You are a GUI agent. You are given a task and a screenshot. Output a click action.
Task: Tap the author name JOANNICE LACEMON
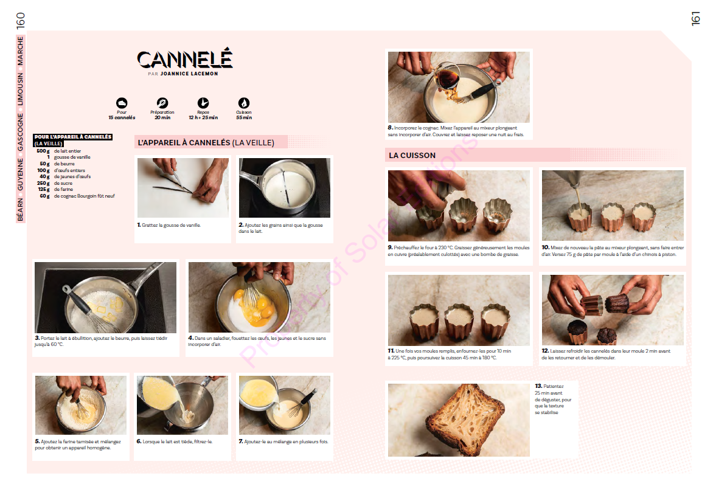click(x=189, y=74)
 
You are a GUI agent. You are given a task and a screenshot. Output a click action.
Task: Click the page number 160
click(x=21, y=21)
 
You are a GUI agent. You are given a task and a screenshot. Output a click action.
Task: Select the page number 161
click(x=695, y=19)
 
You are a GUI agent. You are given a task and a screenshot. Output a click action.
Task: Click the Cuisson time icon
click(x=244, y=103)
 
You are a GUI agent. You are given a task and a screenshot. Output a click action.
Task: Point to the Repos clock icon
click(x=203, y=103)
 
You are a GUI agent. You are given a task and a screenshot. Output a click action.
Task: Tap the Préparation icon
click(x=162, y=103)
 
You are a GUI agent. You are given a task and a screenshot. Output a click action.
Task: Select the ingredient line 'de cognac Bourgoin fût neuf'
click(x=85, y=196)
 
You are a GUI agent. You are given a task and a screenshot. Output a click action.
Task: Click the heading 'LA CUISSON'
click(x=412, y=156)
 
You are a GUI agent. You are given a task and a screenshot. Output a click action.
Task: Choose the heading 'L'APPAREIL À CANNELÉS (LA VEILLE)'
click(x=206, y=143)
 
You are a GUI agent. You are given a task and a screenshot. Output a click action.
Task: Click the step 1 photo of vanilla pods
click(x=183, y=188)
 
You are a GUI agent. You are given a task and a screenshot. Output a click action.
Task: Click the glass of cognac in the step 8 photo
click(x=448, y=77)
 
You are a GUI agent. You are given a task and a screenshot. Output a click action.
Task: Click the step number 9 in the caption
click(x=391, y=248)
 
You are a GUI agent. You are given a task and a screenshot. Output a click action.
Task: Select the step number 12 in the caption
click(x=545, y=351)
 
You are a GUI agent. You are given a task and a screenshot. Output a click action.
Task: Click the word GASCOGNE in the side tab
click(x=20, y=133)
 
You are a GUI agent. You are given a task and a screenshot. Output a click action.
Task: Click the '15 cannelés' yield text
click(x=122, y=118)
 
